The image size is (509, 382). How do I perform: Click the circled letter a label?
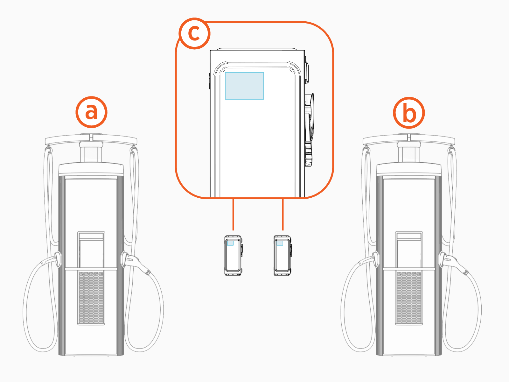click(x=91, y=112)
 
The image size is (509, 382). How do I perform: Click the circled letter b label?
click(x=409, y=113)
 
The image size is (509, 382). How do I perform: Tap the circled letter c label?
click(x=194, y=33)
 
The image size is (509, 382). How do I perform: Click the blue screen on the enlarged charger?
click(x=244, y=86)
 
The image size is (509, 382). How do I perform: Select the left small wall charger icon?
click(x=233, y=255)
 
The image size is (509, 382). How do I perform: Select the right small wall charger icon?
click(x=282, y=255)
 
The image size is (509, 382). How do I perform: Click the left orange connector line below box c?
click(x=234, y=214)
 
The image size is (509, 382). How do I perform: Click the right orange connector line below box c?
click(x=283, y=214)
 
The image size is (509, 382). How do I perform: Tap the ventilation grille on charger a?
click(x=91, y=298)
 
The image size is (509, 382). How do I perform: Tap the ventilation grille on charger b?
click(x=409, y=298)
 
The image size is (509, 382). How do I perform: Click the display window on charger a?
click(x=91, y=251)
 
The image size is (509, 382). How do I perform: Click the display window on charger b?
click(x=409, y=251)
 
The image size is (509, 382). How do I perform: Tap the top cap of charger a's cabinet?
click(x=91, y=169)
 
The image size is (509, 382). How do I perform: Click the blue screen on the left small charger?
click(x=230, y=243)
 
